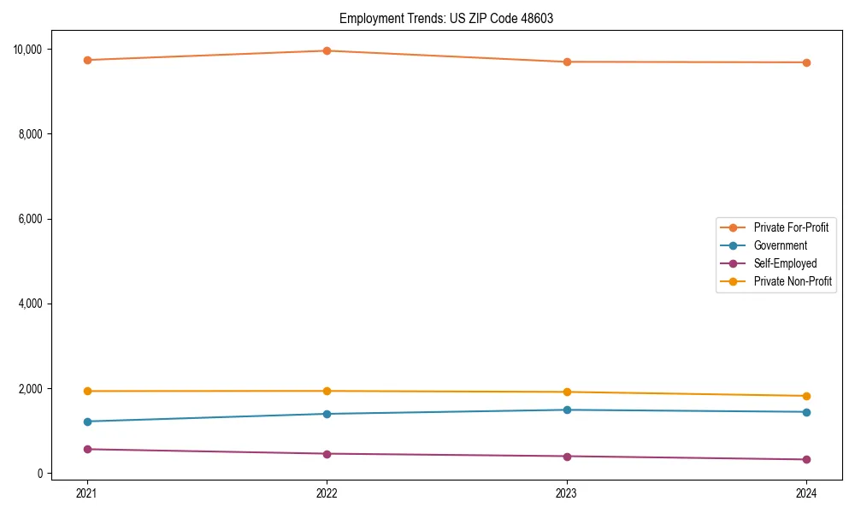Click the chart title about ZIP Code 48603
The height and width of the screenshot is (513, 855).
pyautogui.click(x=445, y=18)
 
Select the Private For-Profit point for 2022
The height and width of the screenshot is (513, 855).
pyautogui.click(x=327, y=50)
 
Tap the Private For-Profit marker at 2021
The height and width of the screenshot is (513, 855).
pyautogui.click(x=86, y=60)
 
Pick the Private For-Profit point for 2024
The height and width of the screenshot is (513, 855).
pyautogui.click(x=806, y=62)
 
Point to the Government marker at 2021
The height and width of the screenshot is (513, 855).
pyautogui.click(x=86, y=422)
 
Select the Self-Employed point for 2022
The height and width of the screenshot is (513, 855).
pyautogui.click(x=327, y=453)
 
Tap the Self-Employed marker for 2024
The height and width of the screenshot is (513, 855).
pyautogui.click(x=806, y=459)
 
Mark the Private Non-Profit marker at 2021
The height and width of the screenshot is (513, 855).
pyautogui.click(x=86, y=391)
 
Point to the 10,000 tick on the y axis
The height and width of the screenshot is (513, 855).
pyautogui.click(x=28, y=50)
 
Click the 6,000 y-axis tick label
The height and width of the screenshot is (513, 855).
pyautogui.click(x=31, y=219)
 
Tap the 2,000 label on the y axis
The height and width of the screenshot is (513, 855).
pyautogui.click(x=31, y=389)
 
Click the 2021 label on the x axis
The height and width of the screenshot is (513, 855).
pyautogui.click(x=86, y=492)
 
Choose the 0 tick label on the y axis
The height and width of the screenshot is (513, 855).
pyautogui.click(x=40, y=474)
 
